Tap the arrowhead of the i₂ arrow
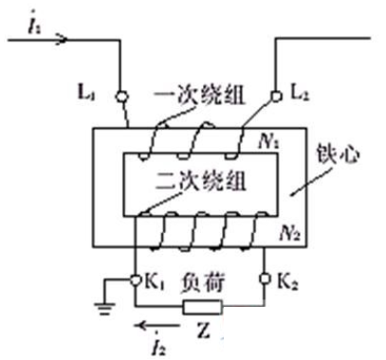[140, 329]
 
